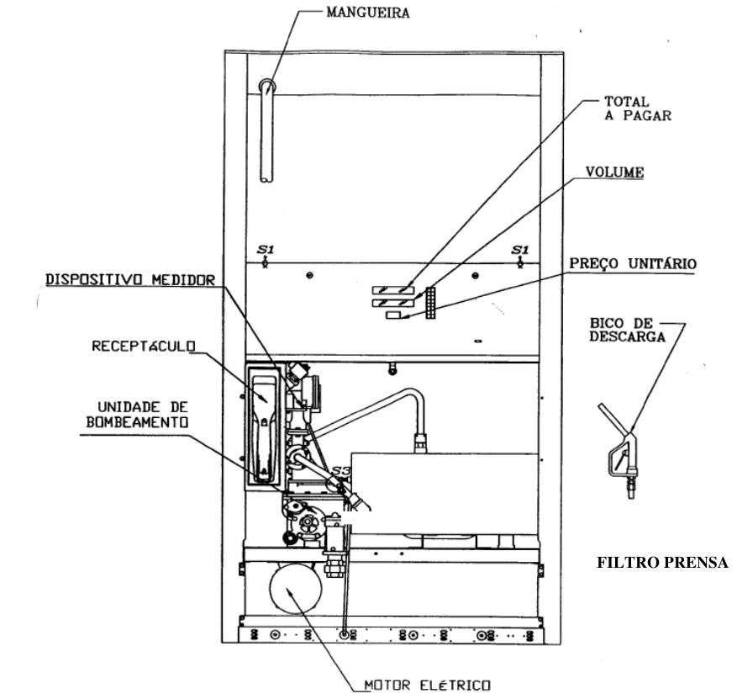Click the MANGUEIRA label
[368, 13]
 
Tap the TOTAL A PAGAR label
[637, 109]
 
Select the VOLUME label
[614, 172]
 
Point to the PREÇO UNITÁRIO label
[633, 264]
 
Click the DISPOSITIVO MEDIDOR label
[130, 280]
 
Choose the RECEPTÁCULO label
[144, 347]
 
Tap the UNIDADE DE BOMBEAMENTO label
[138, 415]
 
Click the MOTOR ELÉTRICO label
[427, 685]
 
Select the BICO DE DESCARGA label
[627, 330]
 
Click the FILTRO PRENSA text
[662, 562]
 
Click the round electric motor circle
[296, 588]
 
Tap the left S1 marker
[265, 255]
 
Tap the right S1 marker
[520, 255]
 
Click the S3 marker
[341, 471]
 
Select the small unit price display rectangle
[393, 315]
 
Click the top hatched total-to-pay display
[393, 290]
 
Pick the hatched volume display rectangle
[393, 303]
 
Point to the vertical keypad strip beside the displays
[430, 303]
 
